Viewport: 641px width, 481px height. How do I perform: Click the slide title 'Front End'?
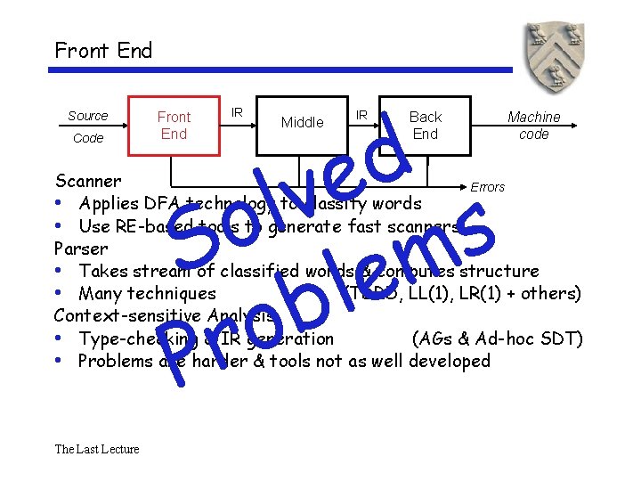103,50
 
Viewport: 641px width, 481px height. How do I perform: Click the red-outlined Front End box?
174,126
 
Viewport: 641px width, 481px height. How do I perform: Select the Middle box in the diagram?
303,123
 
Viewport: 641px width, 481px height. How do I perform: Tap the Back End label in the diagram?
425,125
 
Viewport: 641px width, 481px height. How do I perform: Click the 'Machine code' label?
533,125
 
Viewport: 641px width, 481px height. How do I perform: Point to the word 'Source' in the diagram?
87,116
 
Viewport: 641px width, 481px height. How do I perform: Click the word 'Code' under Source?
88,138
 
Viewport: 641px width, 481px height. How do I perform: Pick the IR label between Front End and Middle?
237,111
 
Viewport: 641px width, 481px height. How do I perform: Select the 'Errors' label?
487,187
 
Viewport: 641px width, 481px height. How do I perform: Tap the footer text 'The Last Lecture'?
96,449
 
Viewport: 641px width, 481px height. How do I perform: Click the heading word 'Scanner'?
87,182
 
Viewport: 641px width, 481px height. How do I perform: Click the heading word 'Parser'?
81,249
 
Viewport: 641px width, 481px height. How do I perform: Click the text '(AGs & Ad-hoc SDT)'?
498,338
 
